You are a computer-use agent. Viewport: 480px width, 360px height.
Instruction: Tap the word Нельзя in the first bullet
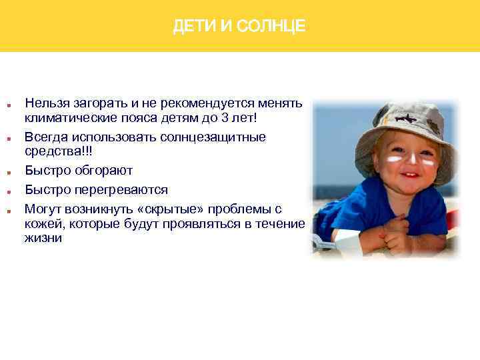point(44,103)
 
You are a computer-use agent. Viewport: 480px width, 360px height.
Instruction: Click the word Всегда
point(45,137)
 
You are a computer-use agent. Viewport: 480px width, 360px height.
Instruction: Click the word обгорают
point(103,170)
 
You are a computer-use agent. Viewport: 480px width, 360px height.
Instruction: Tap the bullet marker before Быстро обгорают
point(8,171)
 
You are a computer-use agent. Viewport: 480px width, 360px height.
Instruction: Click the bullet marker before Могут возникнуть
point(8,210)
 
